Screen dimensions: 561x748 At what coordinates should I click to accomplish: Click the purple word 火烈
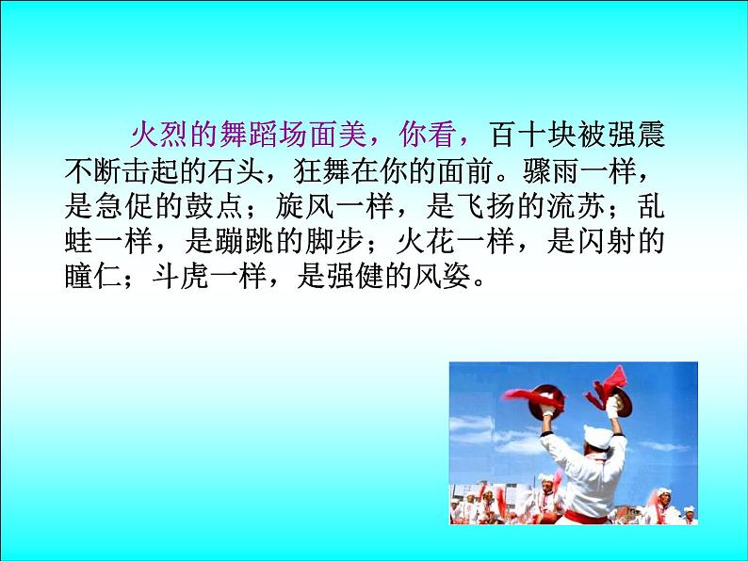pos(143,135)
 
